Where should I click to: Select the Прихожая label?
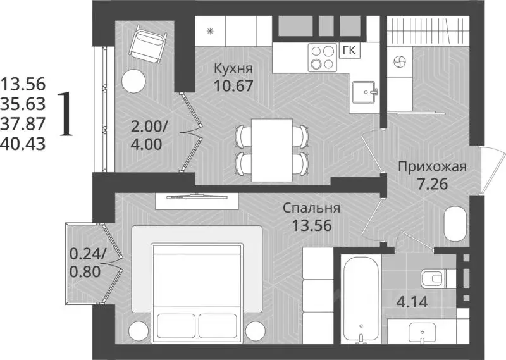[432, 167]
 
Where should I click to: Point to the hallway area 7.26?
[432, 186]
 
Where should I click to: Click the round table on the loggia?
[133, 81]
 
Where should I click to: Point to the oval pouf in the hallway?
[454, 225]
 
